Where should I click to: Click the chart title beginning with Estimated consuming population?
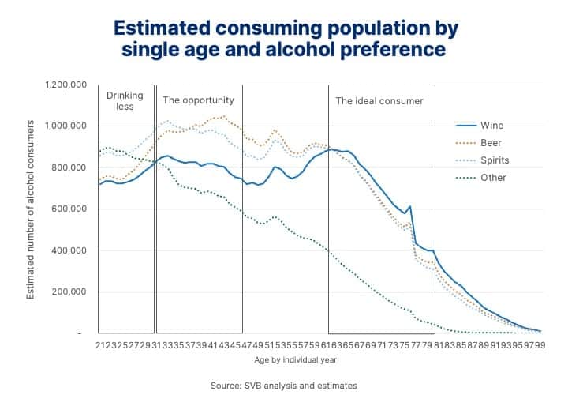(286, 39)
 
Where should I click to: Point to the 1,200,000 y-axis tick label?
(66, 85)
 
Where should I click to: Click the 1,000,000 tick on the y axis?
(66, 126)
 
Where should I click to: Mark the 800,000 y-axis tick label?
(70, 167)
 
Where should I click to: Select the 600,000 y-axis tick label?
(70, 209)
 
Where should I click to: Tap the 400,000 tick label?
(70, 250)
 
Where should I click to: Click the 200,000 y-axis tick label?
(70, 292)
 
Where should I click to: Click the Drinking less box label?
(125, 101)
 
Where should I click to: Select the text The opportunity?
(198, 101)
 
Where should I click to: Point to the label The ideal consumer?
(379, 101)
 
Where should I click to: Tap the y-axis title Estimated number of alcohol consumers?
(31, 209)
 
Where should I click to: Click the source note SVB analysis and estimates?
(284, 386)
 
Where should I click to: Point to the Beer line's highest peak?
(224, 116)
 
